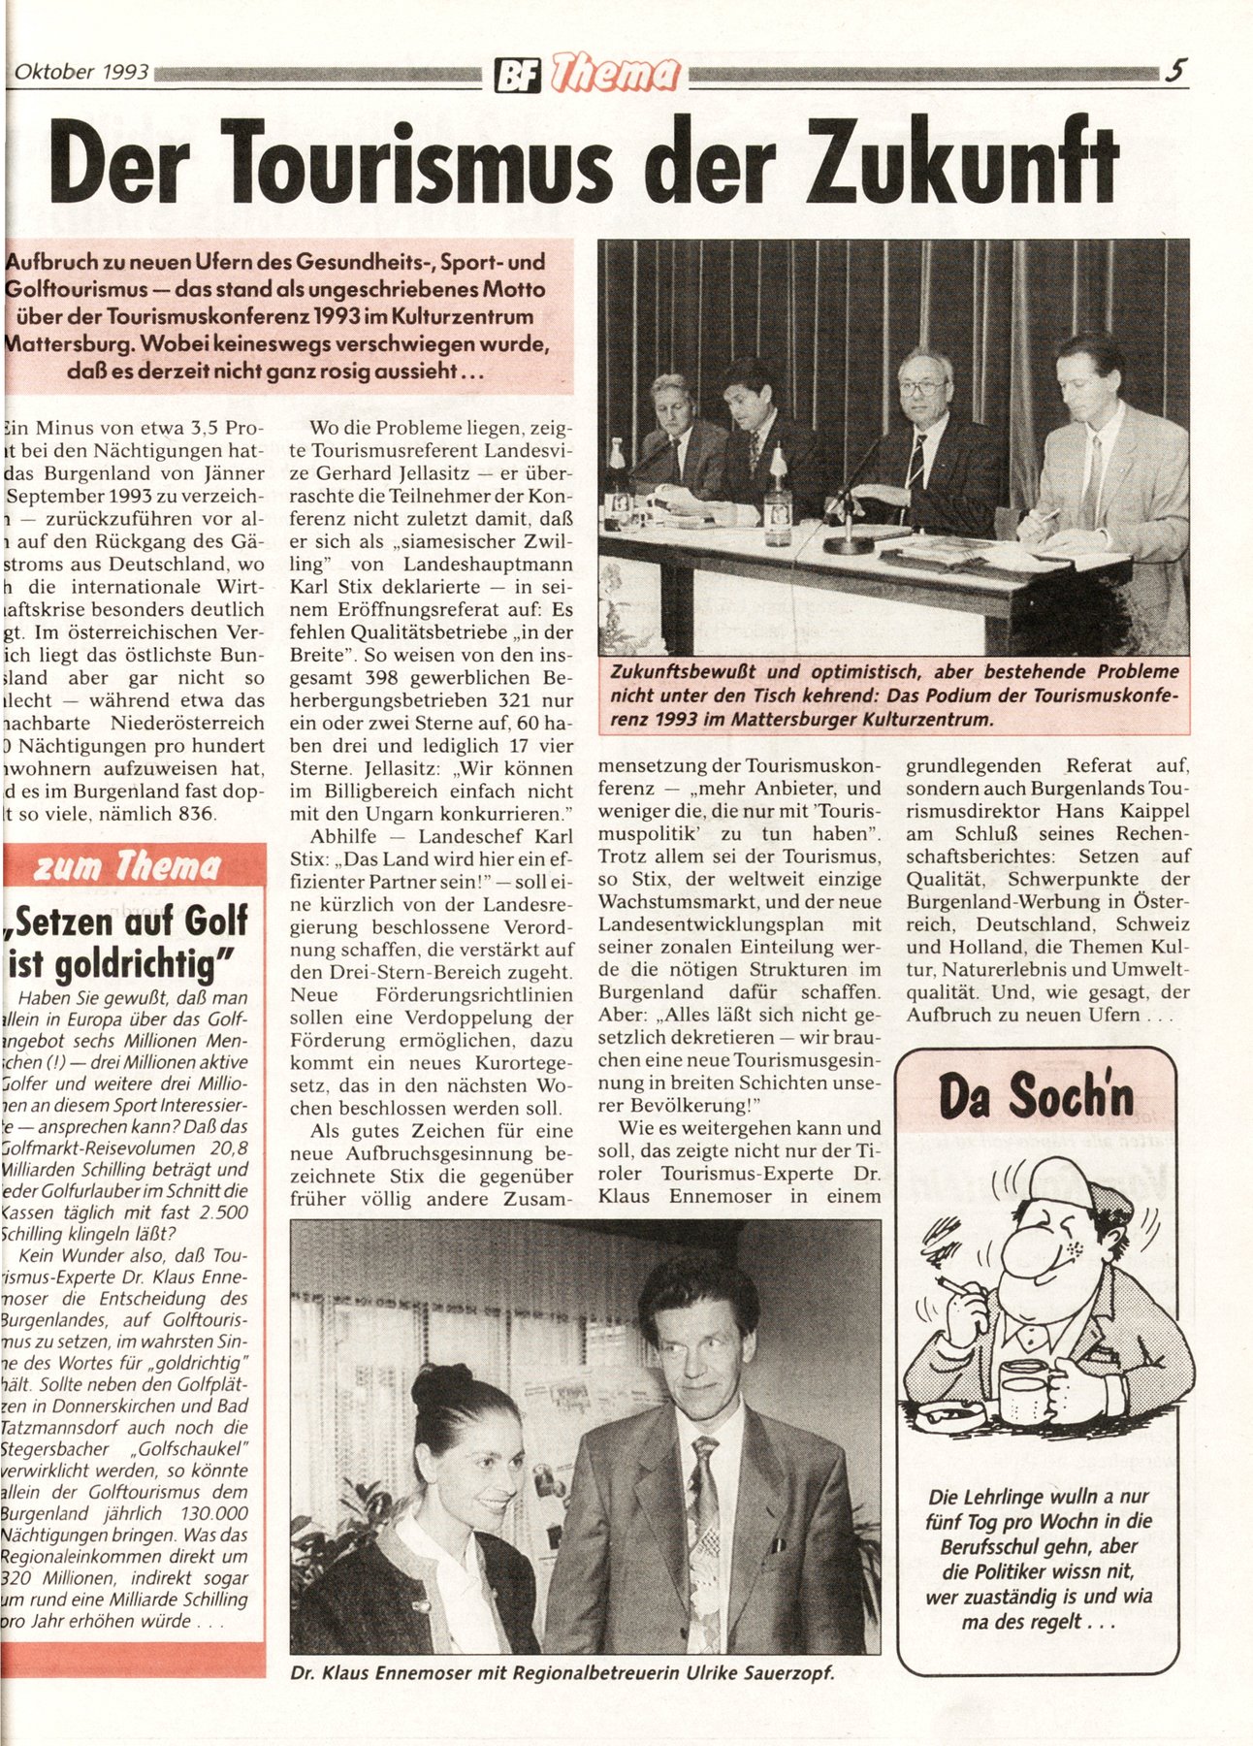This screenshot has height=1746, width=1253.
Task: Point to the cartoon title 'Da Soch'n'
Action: [x=1035, y=1096]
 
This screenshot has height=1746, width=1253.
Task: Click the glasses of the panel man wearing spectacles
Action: [x=922, y=387]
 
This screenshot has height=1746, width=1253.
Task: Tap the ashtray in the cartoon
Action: [x=950, y=1421]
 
